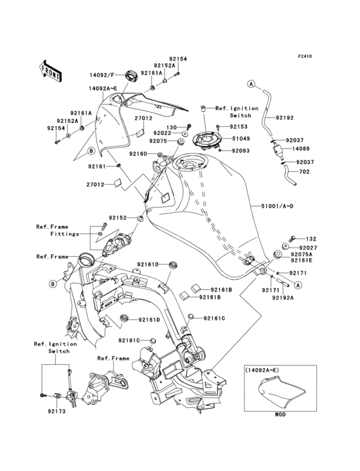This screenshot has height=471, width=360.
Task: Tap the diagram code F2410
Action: pos(305,56)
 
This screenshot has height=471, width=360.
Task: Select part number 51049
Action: pos(241,139)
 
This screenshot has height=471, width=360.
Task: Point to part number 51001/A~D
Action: pos(276,206)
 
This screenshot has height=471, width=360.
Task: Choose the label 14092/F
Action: pos(102,75)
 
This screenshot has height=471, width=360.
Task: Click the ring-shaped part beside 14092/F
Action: pos(131,75)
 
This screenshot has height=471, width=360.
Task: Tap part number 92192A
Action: pos(283,298)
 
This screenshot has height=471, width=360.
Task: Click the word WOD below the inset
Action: pos(280,414)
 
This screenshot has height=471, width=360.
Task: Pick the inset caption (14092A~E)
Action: pos(262,370)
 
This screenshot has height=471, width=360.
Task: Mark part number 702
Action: pos(304,172)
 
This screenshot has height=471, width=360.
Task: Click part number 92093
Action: pos(241,151)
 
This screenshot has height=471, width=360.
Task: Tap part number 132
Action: pos(311,239)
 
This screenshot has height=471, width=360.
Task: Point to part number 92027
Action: pos(308,248)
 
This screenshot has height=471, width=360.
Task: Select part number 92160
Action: pos(138,154)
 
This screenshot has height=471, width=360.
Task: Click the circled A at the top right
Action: pos(251,84)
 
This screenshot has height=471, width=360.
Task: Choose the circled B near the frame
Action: pos(53,284)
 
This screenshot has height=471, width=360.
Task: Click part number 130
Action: pos(171,127)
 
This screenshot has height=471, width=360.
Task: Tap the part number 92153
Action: pos(239,127)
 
